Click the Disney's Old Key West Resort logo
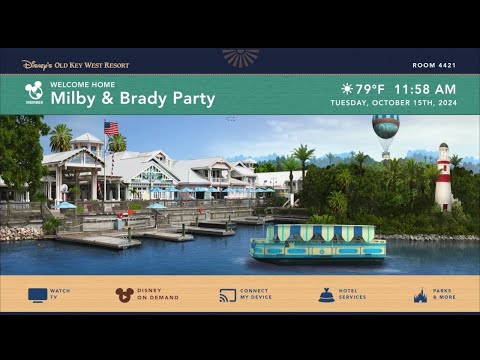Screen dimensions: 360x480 pos(75,65)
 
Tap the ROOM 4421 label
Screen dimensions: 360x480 pos(433,65)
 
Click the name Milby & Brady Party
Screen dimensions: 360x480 pos(133,99)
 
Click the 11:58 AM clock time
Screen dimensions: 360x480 pos(425,89)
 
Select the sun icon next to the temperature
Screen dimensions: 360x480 pos(347,89)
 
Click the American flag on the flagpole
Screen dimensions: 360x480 pos(111,128)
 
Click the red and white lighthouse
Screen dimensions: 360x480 pos(443,177)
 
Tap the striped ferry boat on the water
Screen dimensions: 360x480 pos(317,242)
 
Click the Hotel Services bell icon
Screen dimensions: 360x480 pos(327,294)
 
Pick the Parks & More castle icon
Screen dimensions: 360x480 pos(421,295)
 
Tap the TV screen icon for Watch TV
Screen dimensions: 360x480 pos(37,295)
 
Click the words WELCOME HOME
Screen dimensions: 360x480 pos(82,85)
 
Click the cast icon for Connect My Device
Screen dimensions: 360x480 pos(228,295)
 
